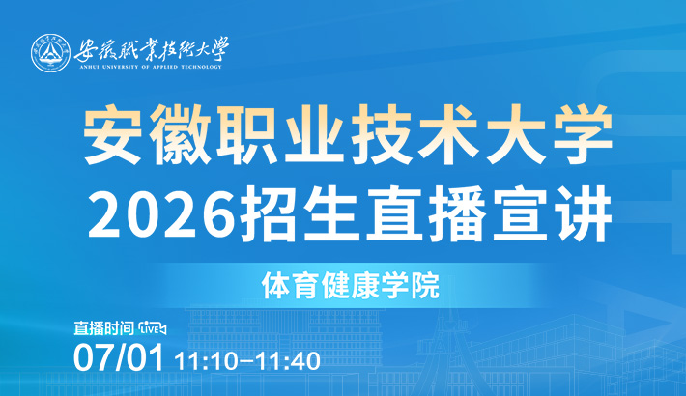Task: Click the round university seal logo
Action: pos(51,53)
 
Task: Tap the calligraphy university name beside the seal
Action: pos(152,49)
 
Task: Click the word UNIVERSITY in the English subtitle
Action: pos(119,67)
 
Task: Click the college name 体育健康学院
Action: pos(351,286)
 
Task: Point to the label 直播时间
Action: pos(103,328)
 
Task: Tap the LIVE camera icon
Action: pos(152,328)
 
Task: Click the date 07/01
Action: pos(119,357)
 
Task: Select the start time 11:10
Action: pos(206,361)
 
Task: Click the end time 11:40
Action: pos(288,361)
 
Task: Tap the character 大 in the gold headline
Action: pos(515,134)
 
